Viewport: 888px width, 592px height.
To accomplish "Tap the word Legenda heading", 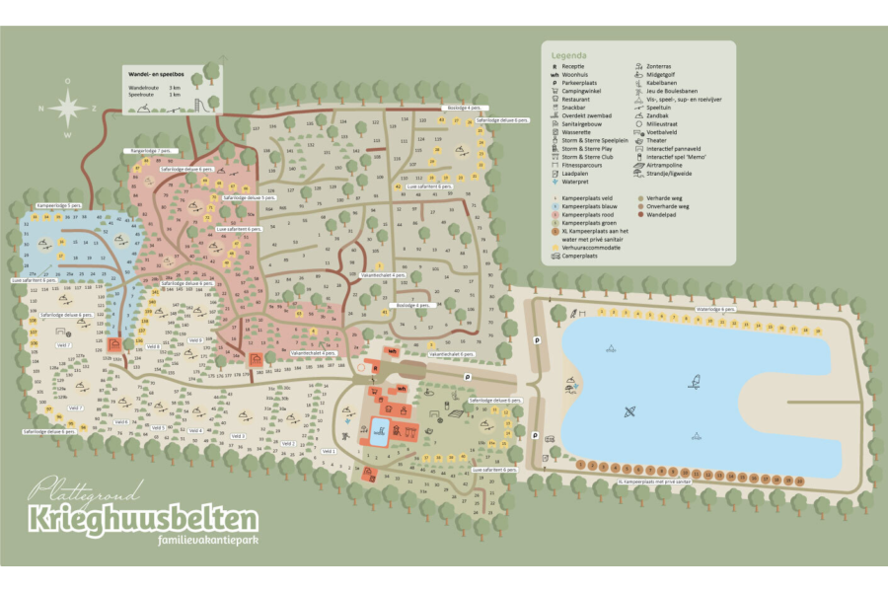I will (570, 56).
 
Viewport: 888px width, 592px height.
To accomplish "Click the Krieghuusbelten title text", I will (144, 519).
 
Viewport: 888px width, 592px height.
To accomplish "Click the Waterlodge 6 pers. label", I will (716, 310).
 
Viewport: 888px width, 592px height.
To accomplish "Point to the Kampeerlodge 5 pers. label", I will (59, 204).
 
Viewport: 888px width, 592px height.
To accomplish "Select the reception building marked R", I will (375, 368).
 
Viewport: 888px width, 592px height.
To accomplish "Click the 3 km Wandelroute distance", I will (176, 88).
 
